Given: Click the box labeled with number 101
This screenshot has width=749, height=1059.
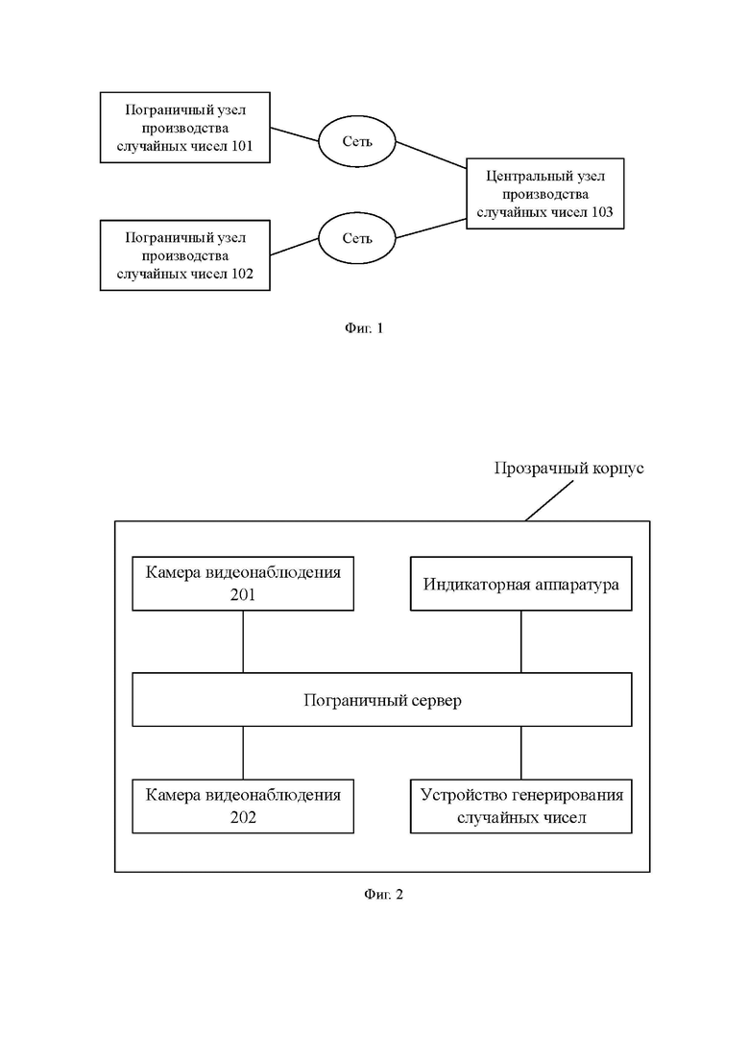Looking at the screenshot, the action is click(x=185, y=128).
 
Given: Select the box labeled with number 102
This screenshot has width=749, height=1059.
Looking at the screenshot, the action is click(x=185, y=255).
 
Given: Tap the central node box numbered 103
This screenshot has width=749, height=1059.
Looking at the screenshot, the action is click(x=545, y=194).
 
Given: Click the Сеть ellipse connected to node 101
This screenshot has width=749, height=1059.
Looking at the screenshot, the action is click(x=356, y=141).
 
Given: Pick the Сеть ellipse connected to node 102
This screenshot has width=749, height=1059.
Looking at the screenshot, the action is click(x=356, y=238).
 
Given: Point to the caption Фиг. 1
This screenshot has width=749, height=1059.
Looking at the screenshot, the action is click(x=364, y=328).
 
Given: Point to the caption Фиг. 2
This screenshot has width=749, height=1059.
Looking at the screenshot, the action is click(x=383, y=894).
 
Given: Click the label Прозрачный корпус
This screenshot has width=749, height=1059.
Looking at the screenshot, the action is click(x=568, y=468).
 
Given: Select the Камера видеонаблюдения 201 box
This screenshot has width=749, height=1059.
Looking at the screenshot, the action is click(x=243, y=584).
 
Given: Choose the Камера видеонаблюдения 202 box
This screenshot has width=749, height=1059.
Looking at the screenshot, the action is click(x=243, y=806).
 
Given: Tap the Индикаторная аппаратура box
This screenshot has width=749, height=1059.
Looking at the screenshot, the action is click(x=521, y=584).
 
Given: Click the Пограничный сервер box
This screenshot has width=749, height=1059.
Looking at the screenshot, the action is click(x=382, y=700).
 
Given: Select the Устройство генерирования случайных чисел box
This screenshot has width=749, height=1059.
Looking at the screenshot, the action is click(x=521, y=806).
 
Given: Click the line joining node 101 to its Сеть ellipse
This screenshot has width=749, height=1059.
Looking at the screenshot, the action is click(x=295, y=134).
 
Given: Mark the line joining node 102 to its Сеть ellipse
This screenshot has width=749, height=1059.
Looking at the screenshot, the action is click(x=295, y=247).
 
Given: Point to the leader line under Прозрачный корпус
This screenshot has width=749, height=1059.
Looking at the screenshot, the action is click(x=550, y=500).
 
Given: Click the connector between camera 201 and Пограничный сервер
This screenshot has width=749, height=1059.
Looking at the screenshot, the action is click(x=243, y=641).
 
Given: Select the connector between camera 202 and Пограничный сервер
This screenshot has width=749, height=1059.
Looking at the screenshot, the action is click(x=243, y=753).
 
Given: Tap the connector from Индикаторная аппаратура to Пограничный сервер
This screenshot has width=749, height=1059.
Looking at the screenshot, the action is click(x=521, y=641).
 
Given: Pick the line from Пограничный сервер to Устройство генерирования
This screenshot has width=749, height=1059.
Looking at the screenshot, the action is click(x=521, y=753).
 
